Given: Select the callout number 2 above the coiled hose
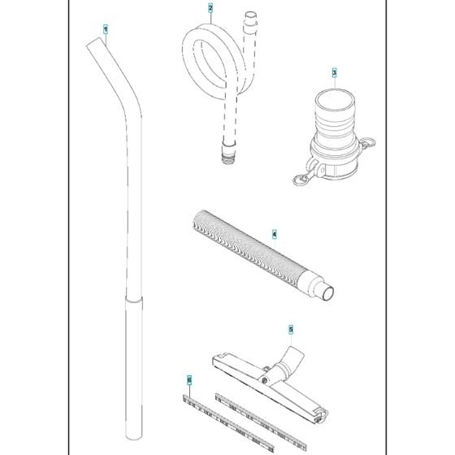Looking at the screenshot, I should [210, 9].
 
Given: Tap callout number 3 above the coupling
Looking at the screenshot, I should [334, 72].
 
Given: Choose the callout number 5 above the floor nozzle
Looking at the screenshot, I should [292, 330].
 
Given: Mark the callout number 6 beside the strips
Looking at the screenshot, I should [188, 379].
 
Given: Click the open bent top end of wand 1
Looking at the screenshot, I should [91, 50].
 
